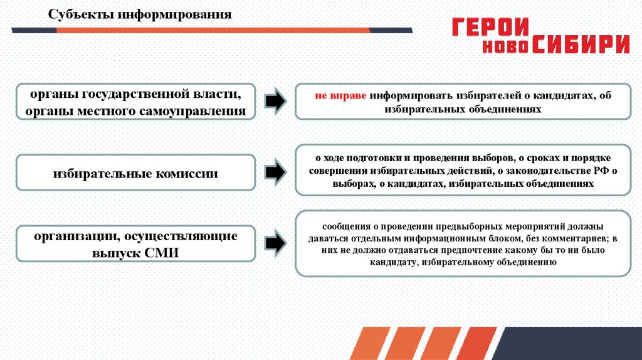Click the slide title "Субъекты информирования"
[140, 14]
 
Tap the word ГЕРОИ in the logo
[491, 28]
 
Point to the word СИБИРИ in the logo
[581, 45]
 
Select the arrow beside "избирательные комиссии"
[273, 171]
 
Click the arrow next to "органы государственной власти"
[273, 101]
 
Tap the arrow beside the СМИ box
[273, 242]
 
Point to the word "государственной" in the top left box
[140, 95]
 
